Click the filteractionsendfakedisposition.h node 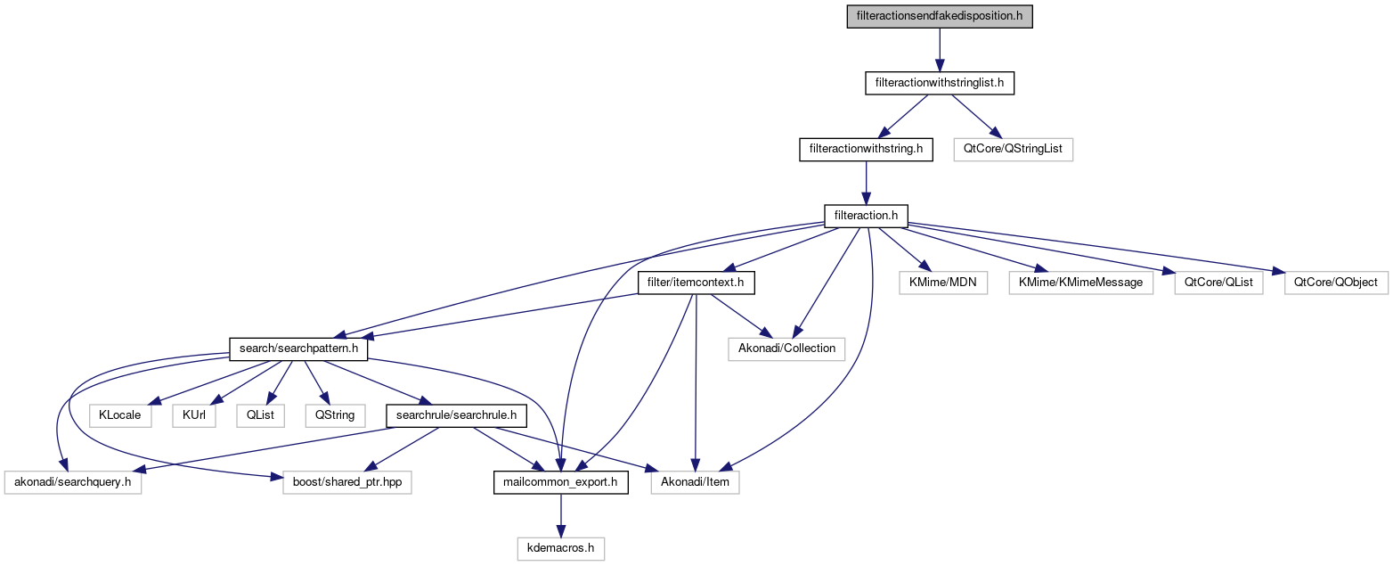click(939, 16)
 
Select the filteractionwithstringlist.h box click(940, 83)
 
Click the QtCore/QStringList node click(1013, 149)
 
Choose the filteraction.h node click(866, 216)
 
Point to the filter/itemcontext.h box click(696, 283)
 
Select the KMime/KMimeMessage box click(1080, 283)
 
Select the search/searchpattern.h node click(298, 349)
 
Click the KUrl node click(194, 415)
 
